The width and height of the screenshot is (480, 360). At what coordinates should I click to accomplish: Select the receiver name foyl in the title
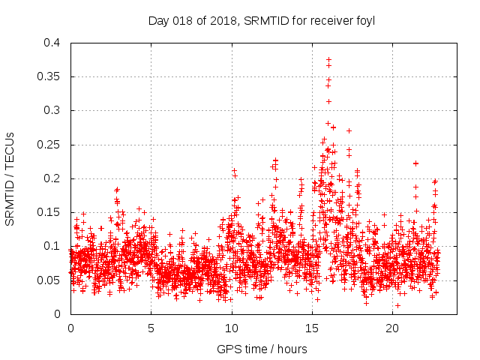364,21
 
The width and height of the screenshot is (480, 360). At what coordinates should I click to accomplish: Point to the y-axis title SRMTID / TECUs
10,178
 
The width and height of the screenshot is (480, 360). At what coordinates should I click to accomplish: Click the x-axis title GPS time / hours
262,349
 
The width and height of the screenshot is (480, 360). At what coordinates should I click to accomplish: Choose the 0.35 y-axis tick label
50,76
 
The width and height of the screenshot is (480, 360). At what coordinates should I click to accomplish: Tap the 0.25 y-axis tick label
50,145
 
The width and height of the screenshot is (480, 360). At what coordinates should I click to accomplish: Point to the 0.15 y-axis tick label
50,212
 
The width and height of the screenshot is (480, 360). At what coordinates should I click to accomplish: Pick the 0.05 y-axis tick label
50,280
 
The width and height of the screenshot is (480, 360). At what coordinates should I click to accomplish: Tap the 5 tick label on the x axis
151,328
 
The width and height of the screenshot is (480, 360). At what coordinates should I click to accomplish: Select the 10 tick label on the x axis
232,328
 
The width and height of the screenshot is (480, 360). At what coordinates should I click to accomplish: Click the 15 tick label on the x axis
312,328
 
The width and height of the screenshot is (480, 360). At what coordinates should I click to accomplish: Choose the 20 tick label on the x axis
392,328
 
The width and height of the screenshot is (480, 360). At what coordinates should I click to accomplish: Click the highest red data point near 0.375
328,59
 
